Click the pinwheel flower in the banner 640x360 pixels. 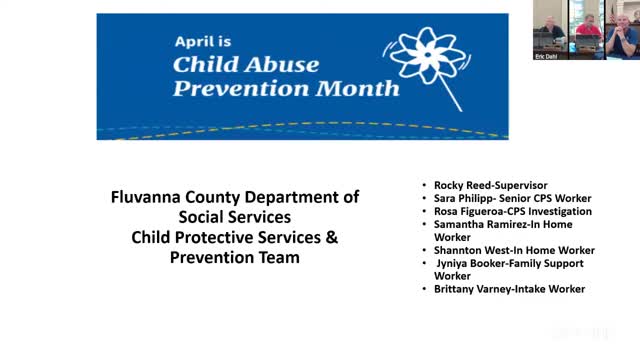[x=427, y=56]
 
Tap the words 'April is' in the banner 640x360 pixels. [x=203, y=41]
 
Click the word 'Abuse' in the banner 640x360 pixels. [x=282, y=64]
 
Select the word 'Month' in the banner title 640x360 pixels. [x=358, y=88]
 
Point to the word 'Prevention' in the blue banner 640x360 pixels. [x=241, y=88]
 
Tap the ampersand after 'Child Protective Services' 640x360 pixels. [x=332, y=237]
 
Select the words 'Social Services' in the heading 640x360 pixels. [x=235, y=217]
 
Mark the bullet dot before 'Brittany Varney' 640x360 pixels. [x=424, y=289]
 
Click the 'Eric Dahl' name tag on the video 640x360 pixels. [x=546, y=57]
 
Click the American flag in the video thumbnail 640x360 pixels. [x=611, y=14]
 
